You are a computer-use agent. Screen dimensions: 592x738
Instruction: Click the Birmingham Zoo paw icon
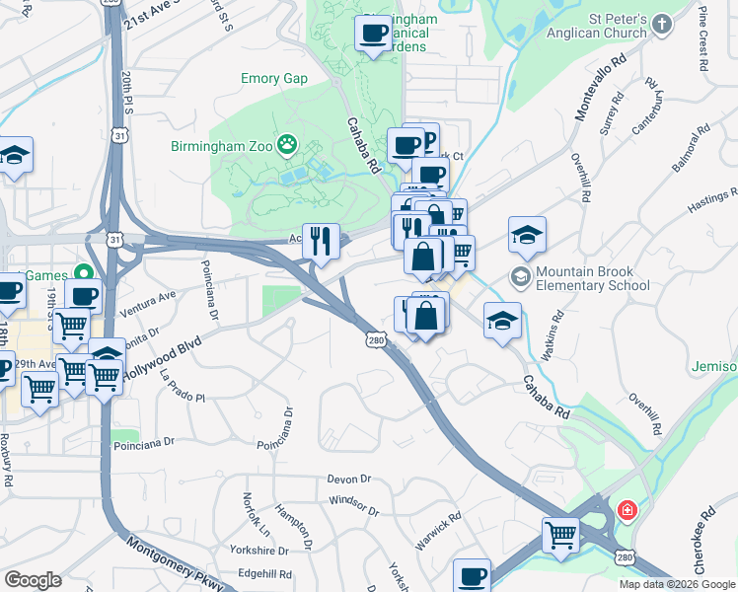click(x=287, y=147)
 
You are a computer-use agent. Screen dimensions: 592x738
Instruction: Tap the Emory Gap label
click(x=274, y=79)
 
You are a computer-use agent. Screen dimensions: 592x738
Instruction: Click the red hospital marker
click(x=627, y=511)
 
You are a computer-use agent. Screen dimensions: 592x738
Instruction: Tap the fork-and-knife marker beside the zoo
click(x=321, y=240)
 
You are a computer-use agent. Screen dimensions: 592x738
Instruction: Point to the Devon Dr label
click(x=349, y=479)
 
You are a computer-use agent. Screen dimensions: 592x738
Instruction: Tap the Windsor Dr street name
click(x=353, y=506)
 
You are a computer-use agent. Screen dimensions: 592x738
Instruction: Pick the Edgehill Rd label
click(x=264, y=573)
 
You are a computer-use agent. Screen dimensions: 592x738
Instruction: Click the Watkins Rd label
click(x=557, y=332)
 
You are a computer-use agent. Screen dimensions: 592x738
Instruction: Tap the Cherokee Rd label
click(x=704, y=541)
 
